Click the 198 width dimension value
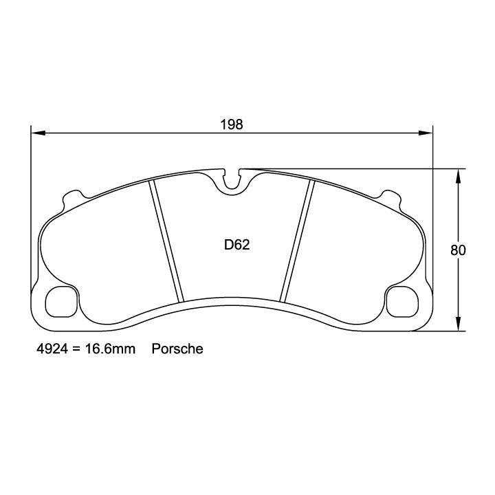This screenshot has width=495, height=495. pos(232,124)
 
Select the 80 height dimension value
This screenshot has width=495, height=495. pos(458,250)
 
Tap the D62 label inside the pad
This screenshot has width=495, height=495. pos(236,244)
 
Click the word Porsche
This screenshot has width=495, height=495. pos(177,349)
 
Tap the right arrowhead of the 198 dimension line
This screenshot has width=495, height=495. pos(428,133)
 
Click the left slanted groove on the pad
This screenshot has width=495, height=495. pos(168,241)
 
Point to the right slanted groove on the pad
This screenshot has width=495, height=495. pos(297,241)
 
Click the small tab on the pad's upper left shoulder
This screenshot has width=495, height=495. pos(71,197)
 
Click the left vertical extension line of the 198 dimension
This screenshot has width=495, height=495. pos(32,206)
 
